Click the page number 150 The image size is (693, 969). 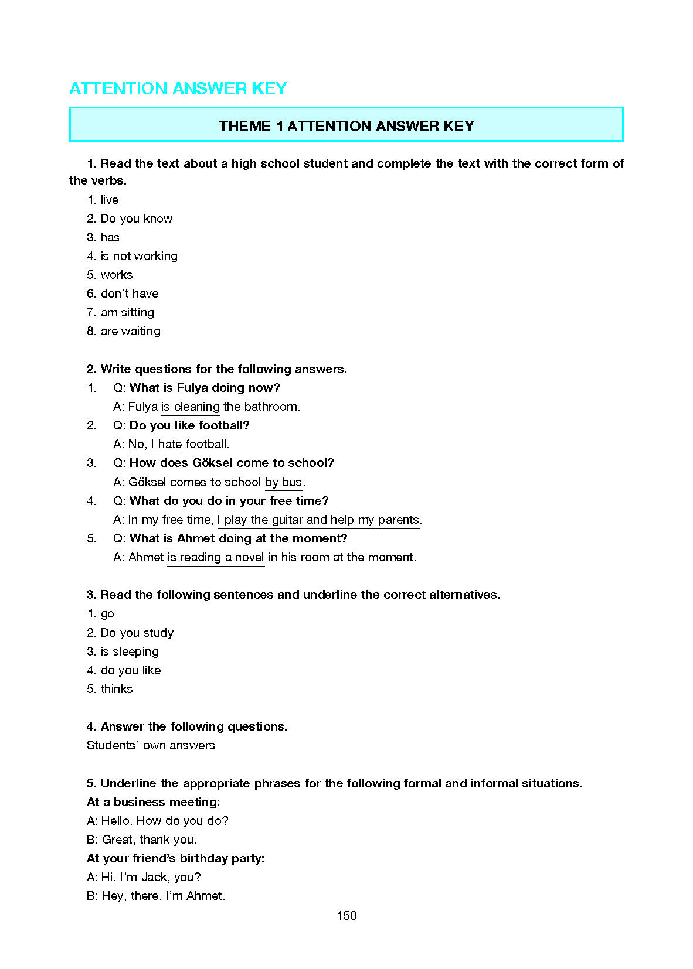coord(346,915)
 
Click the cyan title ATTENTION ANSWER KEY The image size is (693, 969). coord(178,88)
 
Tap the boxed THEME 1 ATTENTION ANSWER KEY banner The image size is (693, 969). coord(346,126)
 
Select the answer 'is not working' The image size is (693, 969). coord(139,256)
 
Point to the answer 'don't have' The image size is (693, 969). coord(130,294)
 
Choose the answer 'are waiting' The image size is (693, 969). coord(131,331)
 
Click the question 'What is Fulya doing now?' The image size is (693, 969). coord(205,388)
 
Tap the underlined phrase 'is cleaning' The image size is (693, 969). coord(191,407)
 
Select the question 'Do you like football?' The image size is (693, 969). coord(189,425)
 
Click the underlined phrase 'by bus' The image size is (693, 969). coord(284,482)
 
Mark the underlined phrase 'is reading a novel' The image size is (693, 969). coord(216,557)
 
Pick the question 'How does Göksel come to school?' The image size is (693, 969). coord(232,463)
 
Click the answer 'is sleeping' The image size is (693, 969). coord(130,651)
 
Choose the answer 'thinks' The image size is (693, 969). coord(117,689)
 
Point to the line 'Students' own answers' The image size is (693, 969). coord(151,745)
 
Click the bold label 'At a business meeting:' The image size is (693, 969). coord(154,802)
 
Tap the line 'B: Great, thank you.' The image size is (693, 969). coord(142,840)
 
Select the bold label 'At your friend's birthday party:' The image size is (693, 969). coord(176,858)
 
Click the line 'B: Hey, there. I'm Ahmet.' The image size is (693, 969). coord(156,896)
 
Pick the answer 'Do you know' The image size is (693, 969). coord(137,219)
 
